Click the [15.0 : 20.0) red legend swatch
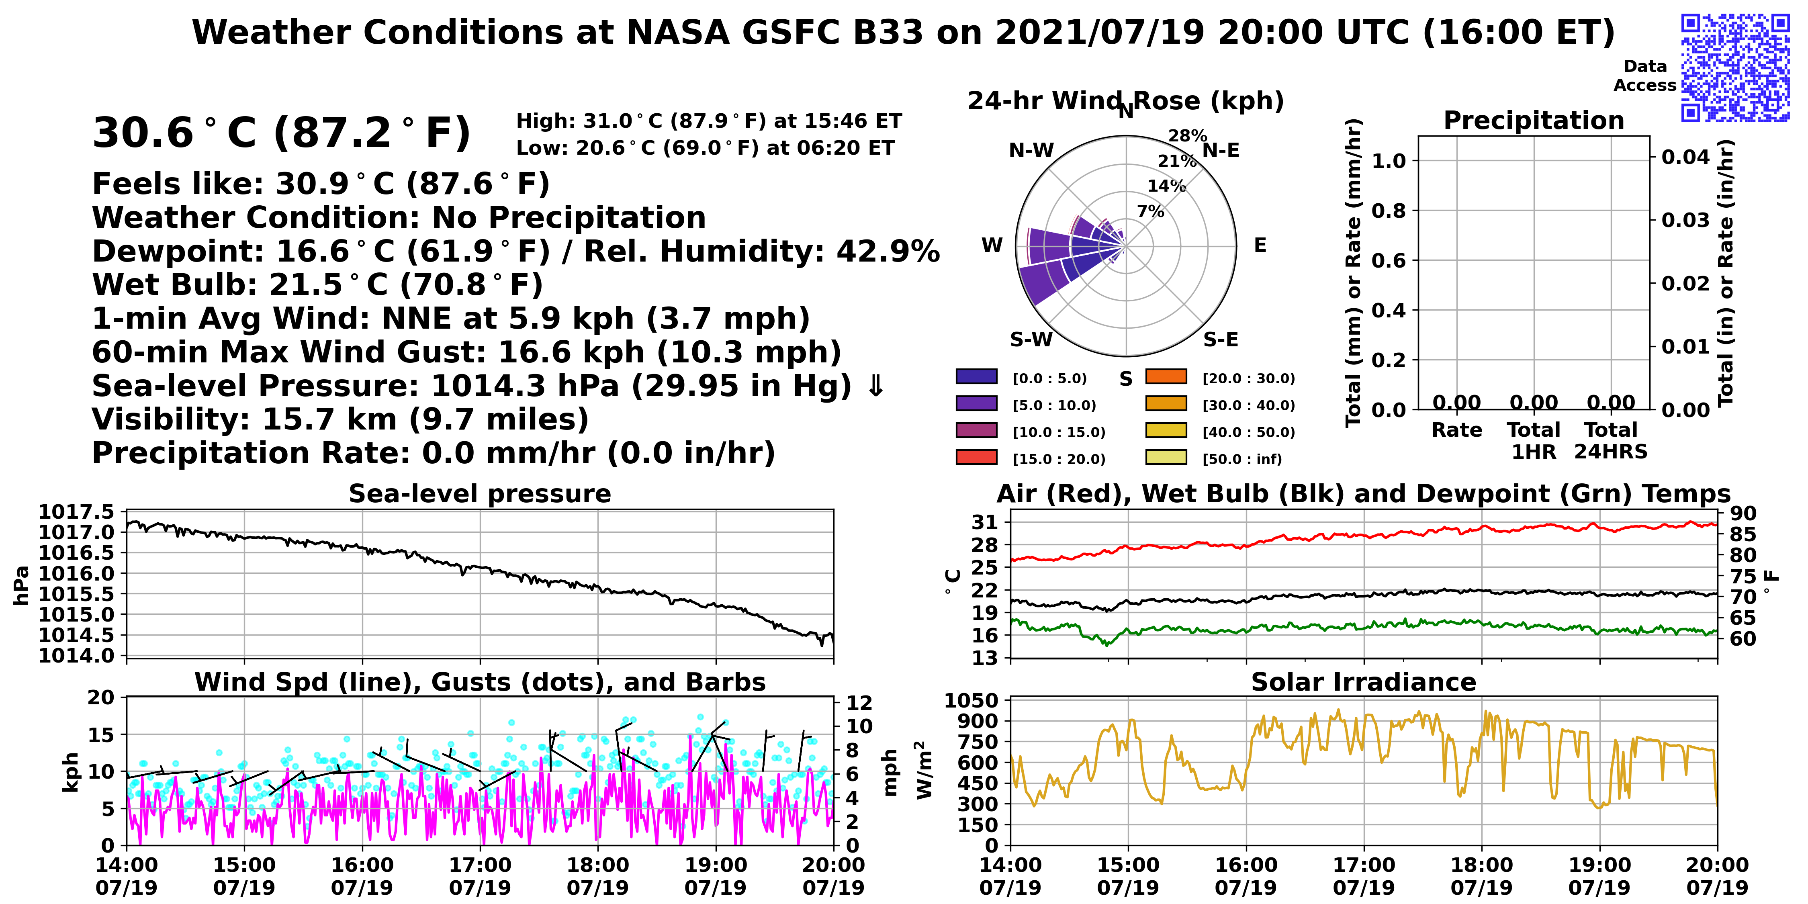pyautogui.click(x=976, y=457)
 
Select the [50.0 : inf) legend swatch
pyautogui.click(x=1166, y=457)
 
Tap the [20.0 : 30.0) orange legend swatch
pyautogui.click(x=1166, y=376)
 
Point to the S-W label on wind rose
pyautogui.click(x=1031, y=340)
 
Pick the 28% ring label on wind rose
pyautogui.click(x=1188, y=135)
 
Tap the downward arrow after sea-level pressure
pyautogui.click(x=876, y=385)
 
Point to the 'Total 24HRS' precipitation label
pyautogui.click(x=1611, y=440)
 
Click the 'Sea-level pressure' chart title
pyautogui.click(x=480, y=493)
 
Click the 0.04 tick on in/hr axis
pyautogui.click(x=1685, y=157)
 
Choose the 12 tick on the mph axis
pyautogui.click(x=860, y=703)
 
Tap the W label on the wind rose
pyautogui.click(x=992, y=245)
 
